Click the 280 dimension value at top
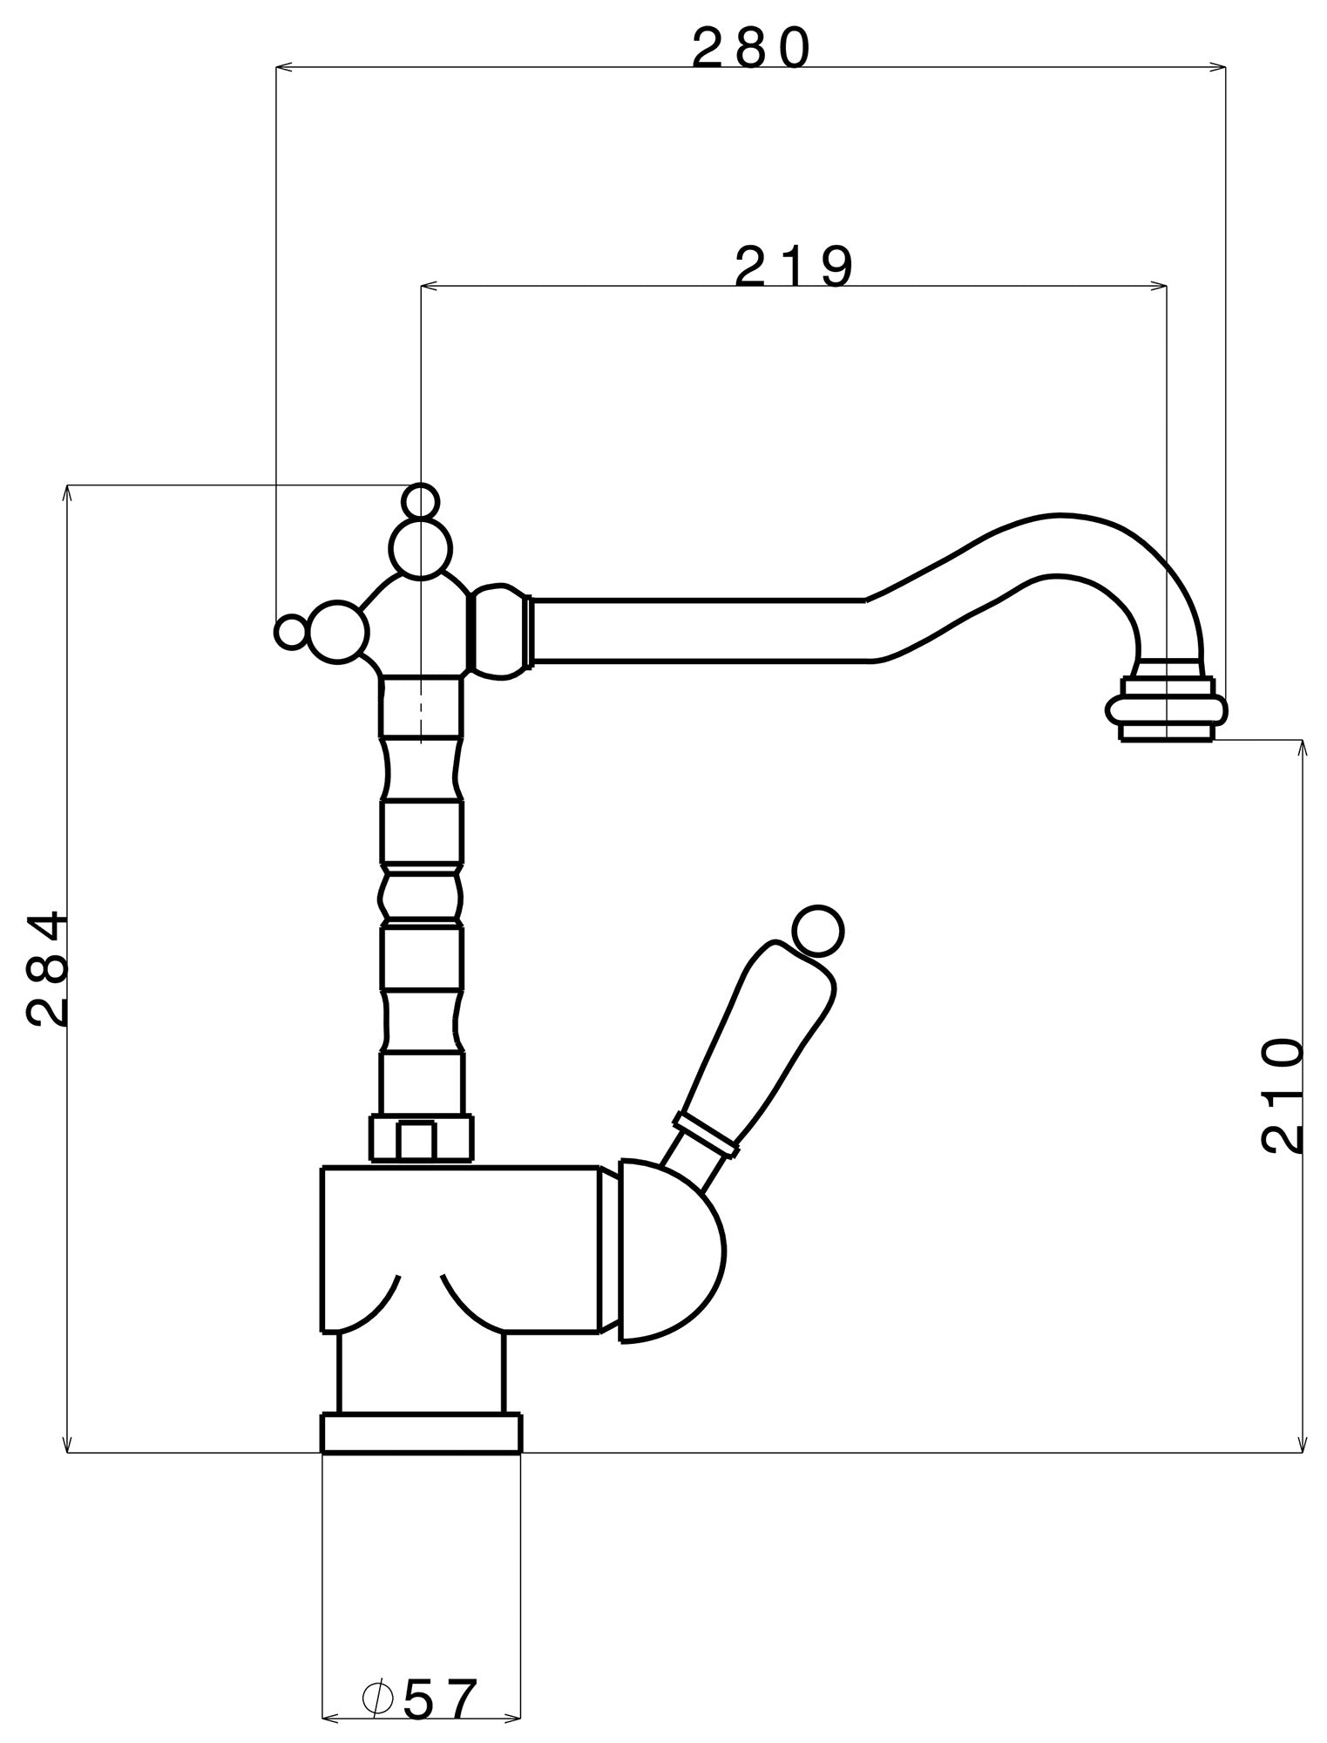pos(750,50)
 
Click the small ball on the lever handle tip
pos(818,930)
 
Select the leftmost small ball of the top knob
pos(291,632)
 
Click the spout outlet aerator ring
pos(1167,709)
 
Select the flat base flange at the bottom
pos(422,1434)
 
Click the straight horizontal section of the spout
pos(697,630)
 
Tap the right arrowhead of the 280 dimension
pos(1221,66)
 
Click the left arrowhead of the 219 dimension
pos(427,285)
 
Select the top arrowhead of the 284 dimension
pos(67,490)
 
